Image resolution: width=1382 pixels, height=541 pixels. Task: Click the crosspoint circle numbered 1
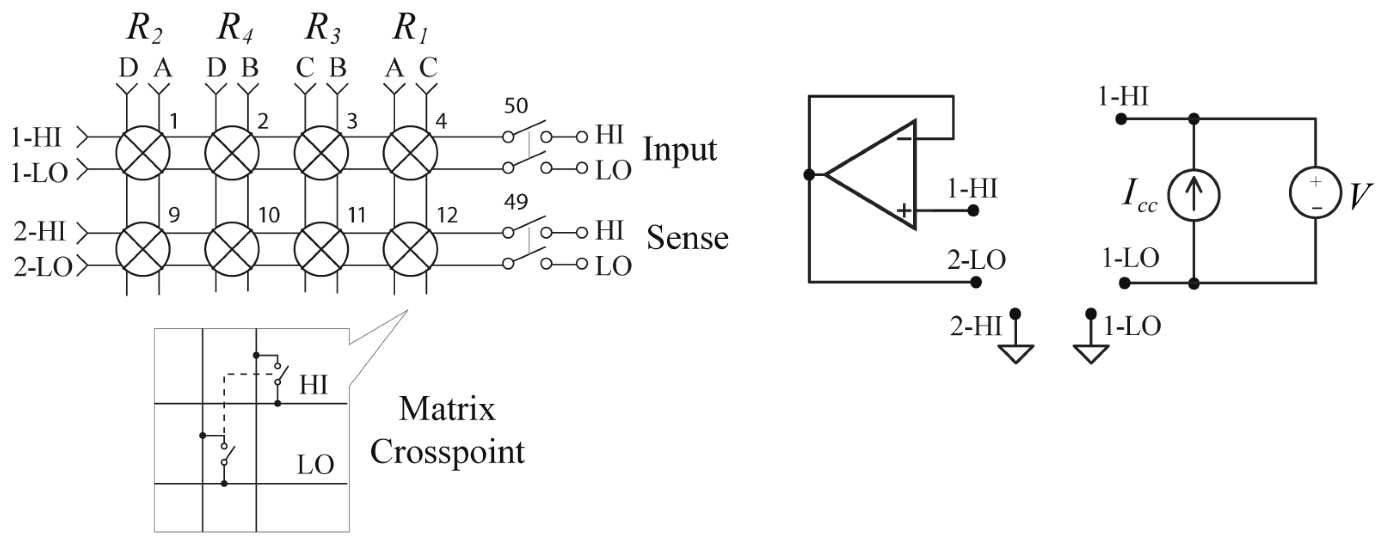point(143,153)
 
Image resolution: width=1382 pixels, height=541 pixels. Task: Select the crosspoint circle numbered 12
point(411,250)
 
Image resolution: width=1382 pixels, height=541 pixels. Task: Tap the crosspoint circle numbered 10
point(232,250)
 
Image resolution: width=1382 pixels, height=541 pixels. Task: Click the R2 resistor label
point(144,28)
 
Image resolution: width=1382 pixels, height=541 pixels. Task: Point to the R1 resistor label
point(410,28)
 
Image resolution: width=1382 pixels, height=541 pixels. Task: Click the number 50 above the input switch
point(516,106)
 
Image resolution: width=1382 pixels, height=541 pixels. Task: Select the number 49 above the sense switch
point(516,202)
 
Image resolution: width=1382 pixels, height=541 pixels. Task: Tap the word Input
point(680,150)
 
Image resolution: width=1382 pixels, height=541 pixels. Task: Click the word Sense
point(687,238)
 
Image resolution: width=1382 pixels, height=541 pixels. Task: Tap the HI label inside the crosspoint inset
point(313,385)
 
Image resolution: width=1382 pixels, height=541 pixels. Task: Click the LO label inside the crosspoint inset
point(315,464)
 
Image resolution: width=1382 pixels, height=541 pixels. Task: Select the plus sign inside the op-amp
point(904,210)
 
